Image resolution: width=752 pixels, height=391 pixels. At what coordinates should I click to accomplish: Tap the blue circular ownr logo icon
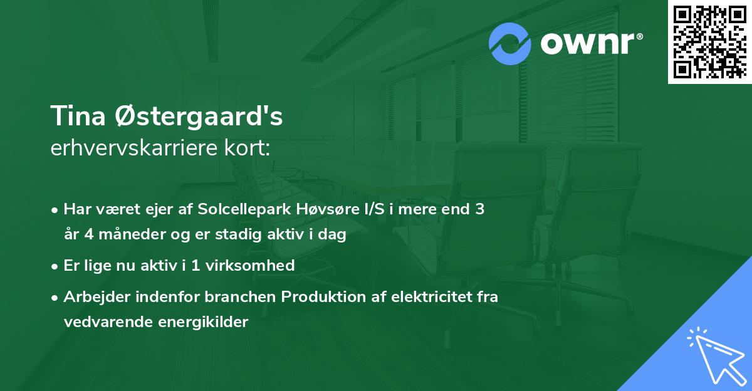(x=510, y=43)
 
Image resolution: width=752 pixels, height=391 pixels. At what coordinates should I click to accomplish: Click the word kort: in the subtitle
(x=251, y=149)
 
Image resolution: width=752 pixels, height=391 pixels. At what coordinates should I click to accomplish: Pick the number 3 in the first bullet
(x=479, y=209)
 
